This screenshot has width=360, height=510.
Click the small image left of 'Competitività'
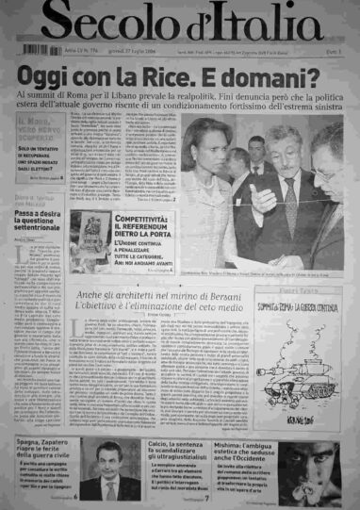[94, 231]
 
